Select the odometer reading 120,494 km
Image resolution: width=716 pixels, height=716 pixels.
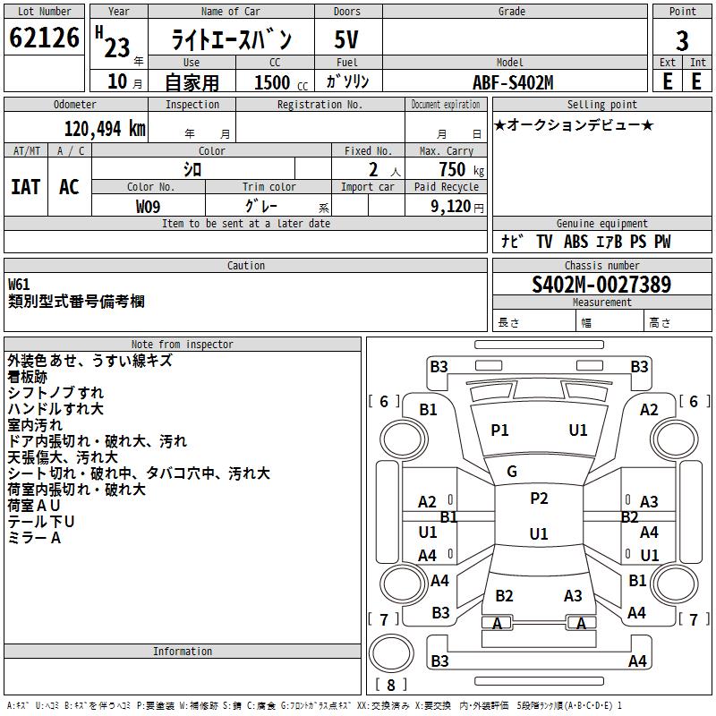pyautogui.click(x=105, y=129)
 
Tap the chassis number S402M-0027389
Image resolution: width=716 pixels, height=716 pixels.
pyautogui.click(x=601, y=285)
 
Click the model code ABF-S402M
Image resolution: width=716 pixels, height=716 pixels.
pyautogui.click(x=513, y=82)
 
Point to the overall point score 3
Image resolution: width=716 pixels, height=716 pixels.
pyautogui.click(x=682, y=40)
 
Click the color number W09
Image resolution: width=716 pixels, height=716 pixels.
pyautogui.click(x=149, y=206)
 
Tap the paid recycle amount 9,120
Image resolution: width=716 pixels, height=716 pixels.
pyautogui.click(x=450, y=206)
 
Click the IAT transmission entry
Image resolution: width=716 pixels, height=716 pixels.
pyautogui.click(x=25, y=186)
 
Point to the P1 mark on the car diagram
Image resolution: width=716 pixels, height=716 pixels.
pyautogui.click(x=499, y=430)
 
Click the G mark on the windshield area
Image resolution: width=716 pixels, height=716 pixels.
pyautogui.click(x=512, y=472)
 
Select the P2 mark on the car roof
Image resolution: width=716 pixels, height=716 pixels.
pyautogui.click(x=538, y=499)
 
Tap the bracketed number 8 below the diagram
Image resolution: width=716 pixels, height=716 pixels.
pyautogui.click(x=390, y=686)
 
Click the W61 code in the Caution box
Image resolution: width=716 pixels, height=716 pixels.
pyautogui.click(x=19, y=285)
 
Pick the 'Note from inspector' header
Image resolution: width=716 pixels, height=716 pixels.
pyautogui.click(x=182, y=345)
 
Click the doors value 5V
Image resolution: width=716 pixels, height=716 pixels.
pyautogui.click(x=346, y=40)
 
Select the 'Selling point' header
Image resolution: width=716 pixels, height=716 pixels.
pyautogui.click(x=601, y=105)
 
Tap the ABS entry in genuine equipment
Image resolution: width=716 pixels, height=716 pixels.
pyautogui.click(x=576, y=242)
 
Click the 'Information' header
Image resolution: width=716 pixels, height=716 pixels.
pyautogui.click(x=182, y=652)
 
